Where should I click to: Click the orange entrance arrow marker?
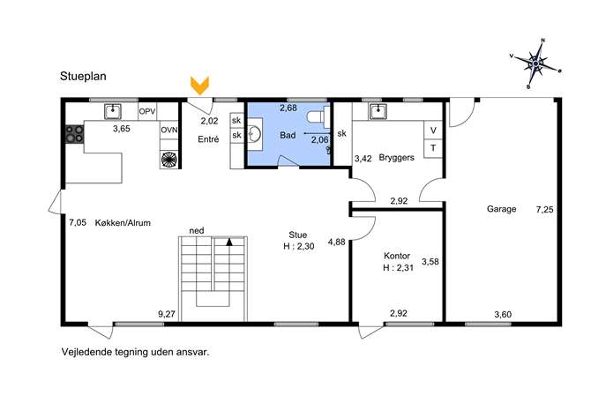click(200, 86)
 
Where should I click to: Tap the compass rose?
click(535, 63)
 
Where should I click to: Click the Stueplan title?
click(83, 77)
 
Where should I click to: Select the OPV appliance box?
click(147, 112)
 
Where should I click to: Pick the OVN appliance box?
click(168, 130)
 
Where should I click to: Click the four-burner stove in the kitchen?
click(74, 134)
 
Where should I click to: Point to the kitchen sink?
click(113, 111)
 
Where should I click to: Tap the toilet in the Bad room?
click(318, 116)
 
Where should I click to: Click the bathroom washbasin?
click(254, 134)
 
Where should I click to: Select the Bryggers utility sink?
click(378, 112)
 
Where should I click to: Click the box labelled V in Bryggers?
click(433, 131)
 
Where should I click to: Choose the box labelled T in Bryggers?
click(433, 148)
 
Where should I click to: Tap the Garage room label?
click(501, 209)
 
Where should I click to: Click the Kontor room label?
click(397, 256)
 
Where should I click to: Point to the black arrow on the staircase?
click(229, 243)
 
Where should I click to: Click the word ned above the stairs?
click(197, 231)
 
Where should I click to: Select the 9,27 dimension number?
click(167, 314)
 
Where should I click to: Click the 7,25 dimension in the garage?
click(544, 210)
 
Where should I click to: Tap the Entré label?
click(208, 139)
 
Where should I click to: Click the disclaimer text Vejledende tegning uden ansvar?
click(135, 352)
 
